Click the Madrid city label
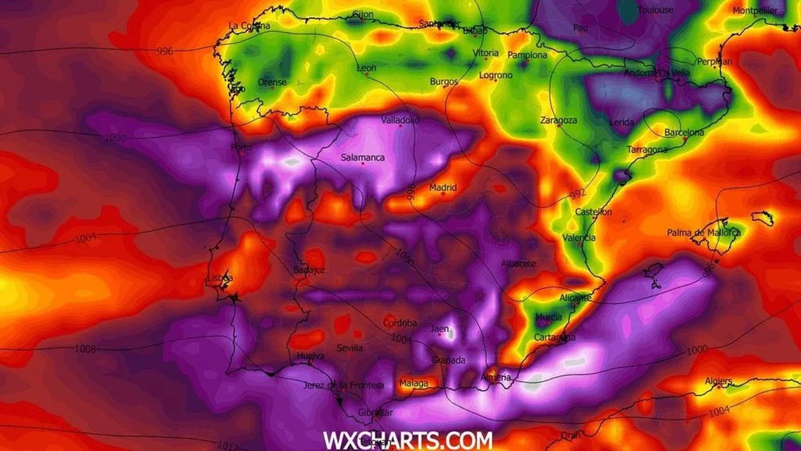coord(443,188)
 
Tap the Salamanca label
coord(362,157)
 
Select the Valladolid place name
coord(400,120)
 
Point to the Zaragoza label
coord(558,120)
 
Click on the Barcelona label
coord(684,133)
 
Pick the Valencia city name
coord(579,238)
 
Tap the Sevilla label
coord(349,347)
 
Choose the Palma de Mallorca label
coord(703,233)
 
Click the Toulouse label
coord(655,10)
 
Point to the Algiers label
coord(718,381)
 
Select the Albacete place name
coord(519,263)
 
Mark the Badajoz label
coord(309,270)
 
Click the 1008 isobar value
coord(85,349)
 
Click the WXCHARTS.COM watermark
coord(408,440)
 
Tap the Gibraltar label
coord(375,413)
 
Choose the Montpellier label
coord(755,11)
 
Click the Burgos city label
coord(444,81)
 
